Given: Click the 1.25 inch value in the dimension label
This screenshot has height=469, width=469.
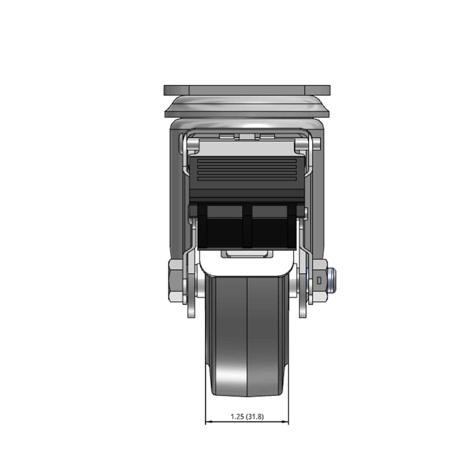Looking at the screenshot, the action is [238, 416].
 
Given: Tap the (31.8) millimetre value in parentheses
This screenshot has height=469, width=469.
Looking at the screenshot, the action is [255, 416].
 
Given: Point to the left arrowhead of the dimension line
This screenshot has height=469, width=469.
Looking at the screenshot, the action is [209, 422].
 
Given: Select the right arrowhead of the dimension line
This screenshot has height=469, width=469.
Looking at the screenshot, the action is [285, 422].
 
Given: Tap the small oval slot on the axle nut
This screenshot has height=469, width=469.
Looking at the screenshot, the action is [319, 281].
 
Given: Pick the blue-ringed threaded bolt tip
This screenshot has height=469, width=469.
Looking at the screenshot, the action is [332, 281].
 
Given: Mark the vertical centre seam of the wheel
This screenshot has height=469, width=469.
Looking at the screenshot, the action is [247, 337].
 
